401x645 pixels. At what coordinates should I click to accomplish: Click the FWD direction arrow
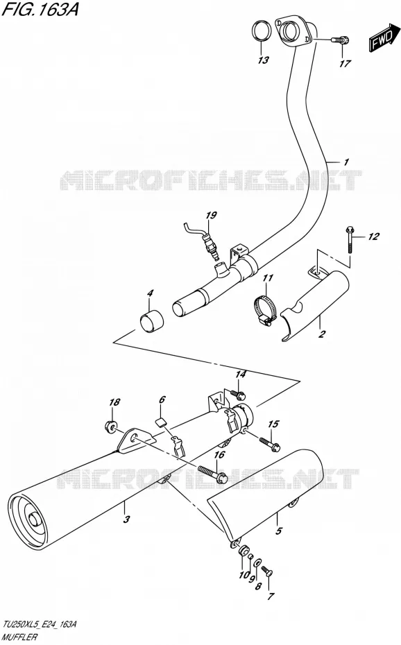(x=384, y=40)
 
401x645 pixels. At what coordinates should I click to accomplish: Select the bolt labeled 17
(x=340, y=40)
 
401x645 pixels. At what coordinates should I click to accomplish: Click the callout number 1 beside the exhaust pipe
(x=346, y=162)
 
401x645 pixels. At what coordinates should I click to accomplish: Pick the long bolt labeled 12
(x=350, y=240)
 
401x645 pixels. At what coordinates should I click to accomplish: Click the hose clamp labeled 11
(x=264, y=309)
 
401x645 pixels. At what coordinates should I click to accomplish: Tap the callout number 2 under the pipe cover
(x=321, y=334)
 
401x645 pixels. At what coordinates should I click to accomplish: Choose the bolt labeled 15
(x=269, y=442)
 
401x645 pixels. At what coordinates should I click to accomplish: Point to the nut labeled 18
(x=110, y=426)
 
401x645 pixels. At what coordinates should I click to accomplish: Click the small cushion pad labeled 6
(x=161, y=420)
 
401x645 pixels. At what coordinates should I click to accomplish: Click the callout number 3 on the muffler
(x=127, y=519)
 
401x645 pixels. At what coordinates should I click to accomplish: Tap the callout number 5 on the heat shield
(x=279, y=531)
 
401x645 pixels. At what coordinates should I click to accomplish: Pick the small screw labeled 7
(x=267, y=571)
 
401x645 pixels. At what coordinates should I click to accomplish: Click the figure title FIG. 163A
(x=40, y=9)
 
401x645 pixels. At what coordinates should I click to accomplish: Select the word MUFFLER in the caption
(x=21, y=637)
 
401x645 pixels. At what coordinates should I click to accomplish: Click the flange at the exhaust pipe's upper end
(x=294, y=31)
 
